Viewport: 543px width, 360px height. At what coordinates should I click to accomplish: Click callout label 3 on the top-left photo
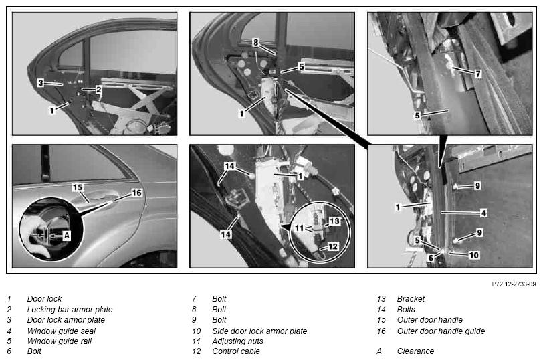[x=41, y=83]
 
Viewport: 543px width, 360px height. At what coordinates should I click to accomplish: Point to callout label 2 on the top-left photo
[x=99, y=90]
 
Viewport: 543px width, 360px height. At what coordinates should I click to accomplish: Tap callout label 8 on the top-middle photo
[x=255, y=43]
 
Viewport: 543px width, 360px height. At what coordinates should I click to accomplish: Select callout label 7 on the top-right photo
[x=478, y=74]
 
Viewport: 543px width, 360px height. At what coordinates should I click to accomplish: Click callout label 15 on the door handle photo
[x=78, y=187]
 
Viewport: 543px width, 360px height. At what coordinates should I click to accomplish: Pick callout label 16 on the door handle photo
[x=137, y=193]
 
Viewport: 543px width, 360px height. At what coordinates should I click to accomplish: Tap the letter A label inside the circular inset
[x=66, y=236]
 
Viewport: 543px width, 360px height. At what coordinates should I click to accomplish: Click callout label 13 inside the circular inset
[x=334, y=221]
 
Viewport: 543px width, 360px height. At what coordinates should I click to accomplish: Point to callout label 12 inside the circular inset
[x=333, y=246]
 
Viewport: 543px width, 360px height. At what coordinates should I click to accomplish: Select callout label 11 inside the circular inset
[x=299, y=228]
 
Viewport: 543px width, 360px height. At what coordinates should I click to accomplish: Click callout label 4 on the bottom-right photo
[x=483, y=213]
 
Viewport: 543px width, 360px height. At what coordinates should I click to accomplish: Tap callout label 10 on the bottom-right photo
[x=473, y=255]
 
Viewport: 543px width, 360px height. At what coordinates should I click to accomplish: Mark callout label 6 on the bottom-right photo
[x=431, y=258]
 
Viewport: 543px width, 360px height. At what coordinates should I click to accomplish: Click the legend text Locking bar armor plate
[x=70, y=309]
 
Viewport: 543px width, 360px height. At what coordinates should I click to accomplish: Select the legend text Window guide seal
[x=62, y=331]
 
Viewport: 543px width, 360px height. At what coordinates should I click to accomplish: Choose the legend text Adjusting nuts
[x=237, y=341]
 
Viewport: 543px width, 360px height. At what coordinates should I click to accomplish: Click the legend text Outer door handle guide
[x=441, y=331]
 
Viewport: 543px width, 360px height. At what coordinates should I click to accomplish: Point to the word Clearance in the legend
[x=415, y=351]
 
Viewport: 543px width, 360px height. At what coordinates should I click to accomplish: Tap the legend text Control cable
[x=236, y=351]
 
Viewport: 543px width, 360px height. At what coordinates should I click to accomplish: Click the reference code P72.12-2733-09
[x=514, y=284]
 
